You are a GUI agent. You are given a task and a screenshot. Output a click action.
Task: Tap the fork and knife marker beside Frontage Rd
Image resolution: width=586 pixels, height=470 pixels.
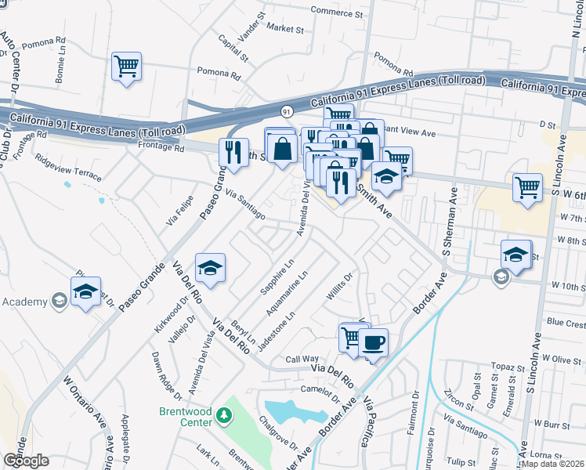coord(233,152)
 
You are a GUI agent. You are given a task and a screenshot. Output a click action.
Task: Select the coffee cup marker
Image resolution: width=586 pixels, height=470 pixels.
coord(374,342)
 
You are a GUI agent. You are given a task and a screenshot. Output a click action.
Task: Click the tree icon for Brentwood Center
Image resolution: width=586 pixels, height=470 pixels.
coord(224,413)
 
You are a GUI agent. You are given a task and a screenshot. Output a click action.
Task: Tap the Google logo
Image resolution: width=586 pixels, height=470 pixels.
coord(26,461)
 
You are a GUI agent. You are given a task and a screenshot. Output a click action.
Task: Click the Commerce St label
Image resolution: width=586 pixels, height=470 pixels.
coord(338,13)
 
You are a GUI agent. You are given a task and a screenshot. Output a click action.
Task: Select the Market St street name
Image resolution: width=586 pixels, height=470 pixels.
coord(284,29)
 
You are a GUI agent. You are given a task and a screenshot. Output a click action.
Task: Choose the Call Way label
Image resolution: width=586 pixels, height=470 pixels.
coord(301,359)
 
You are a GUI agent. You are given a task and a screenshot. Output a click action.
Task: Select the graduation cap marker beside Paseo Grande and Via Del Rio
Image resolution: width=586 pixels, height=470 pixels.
coord(210,268)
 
